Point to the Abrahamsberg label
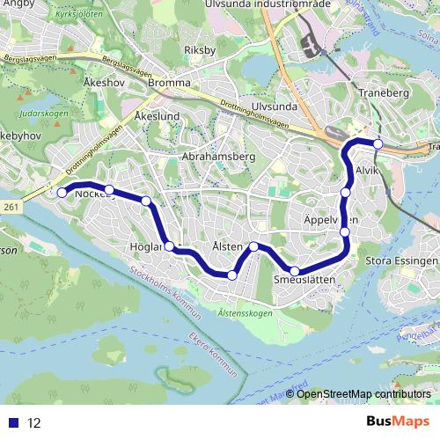pos(218,156)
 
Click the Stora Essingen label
pos(400,261)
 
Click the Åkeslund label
pos(158,115)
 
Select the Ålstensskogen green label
pos(244,312)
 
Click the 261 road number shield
pos(10,206)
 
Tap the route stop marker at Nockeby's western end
pos(62,193)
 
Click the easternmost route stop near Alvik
pos(378,144)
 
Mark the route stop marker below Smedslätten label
pos(296,271)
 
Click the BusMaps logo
pos(398,422)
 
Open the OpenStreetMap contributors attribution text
pos(364,394)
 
